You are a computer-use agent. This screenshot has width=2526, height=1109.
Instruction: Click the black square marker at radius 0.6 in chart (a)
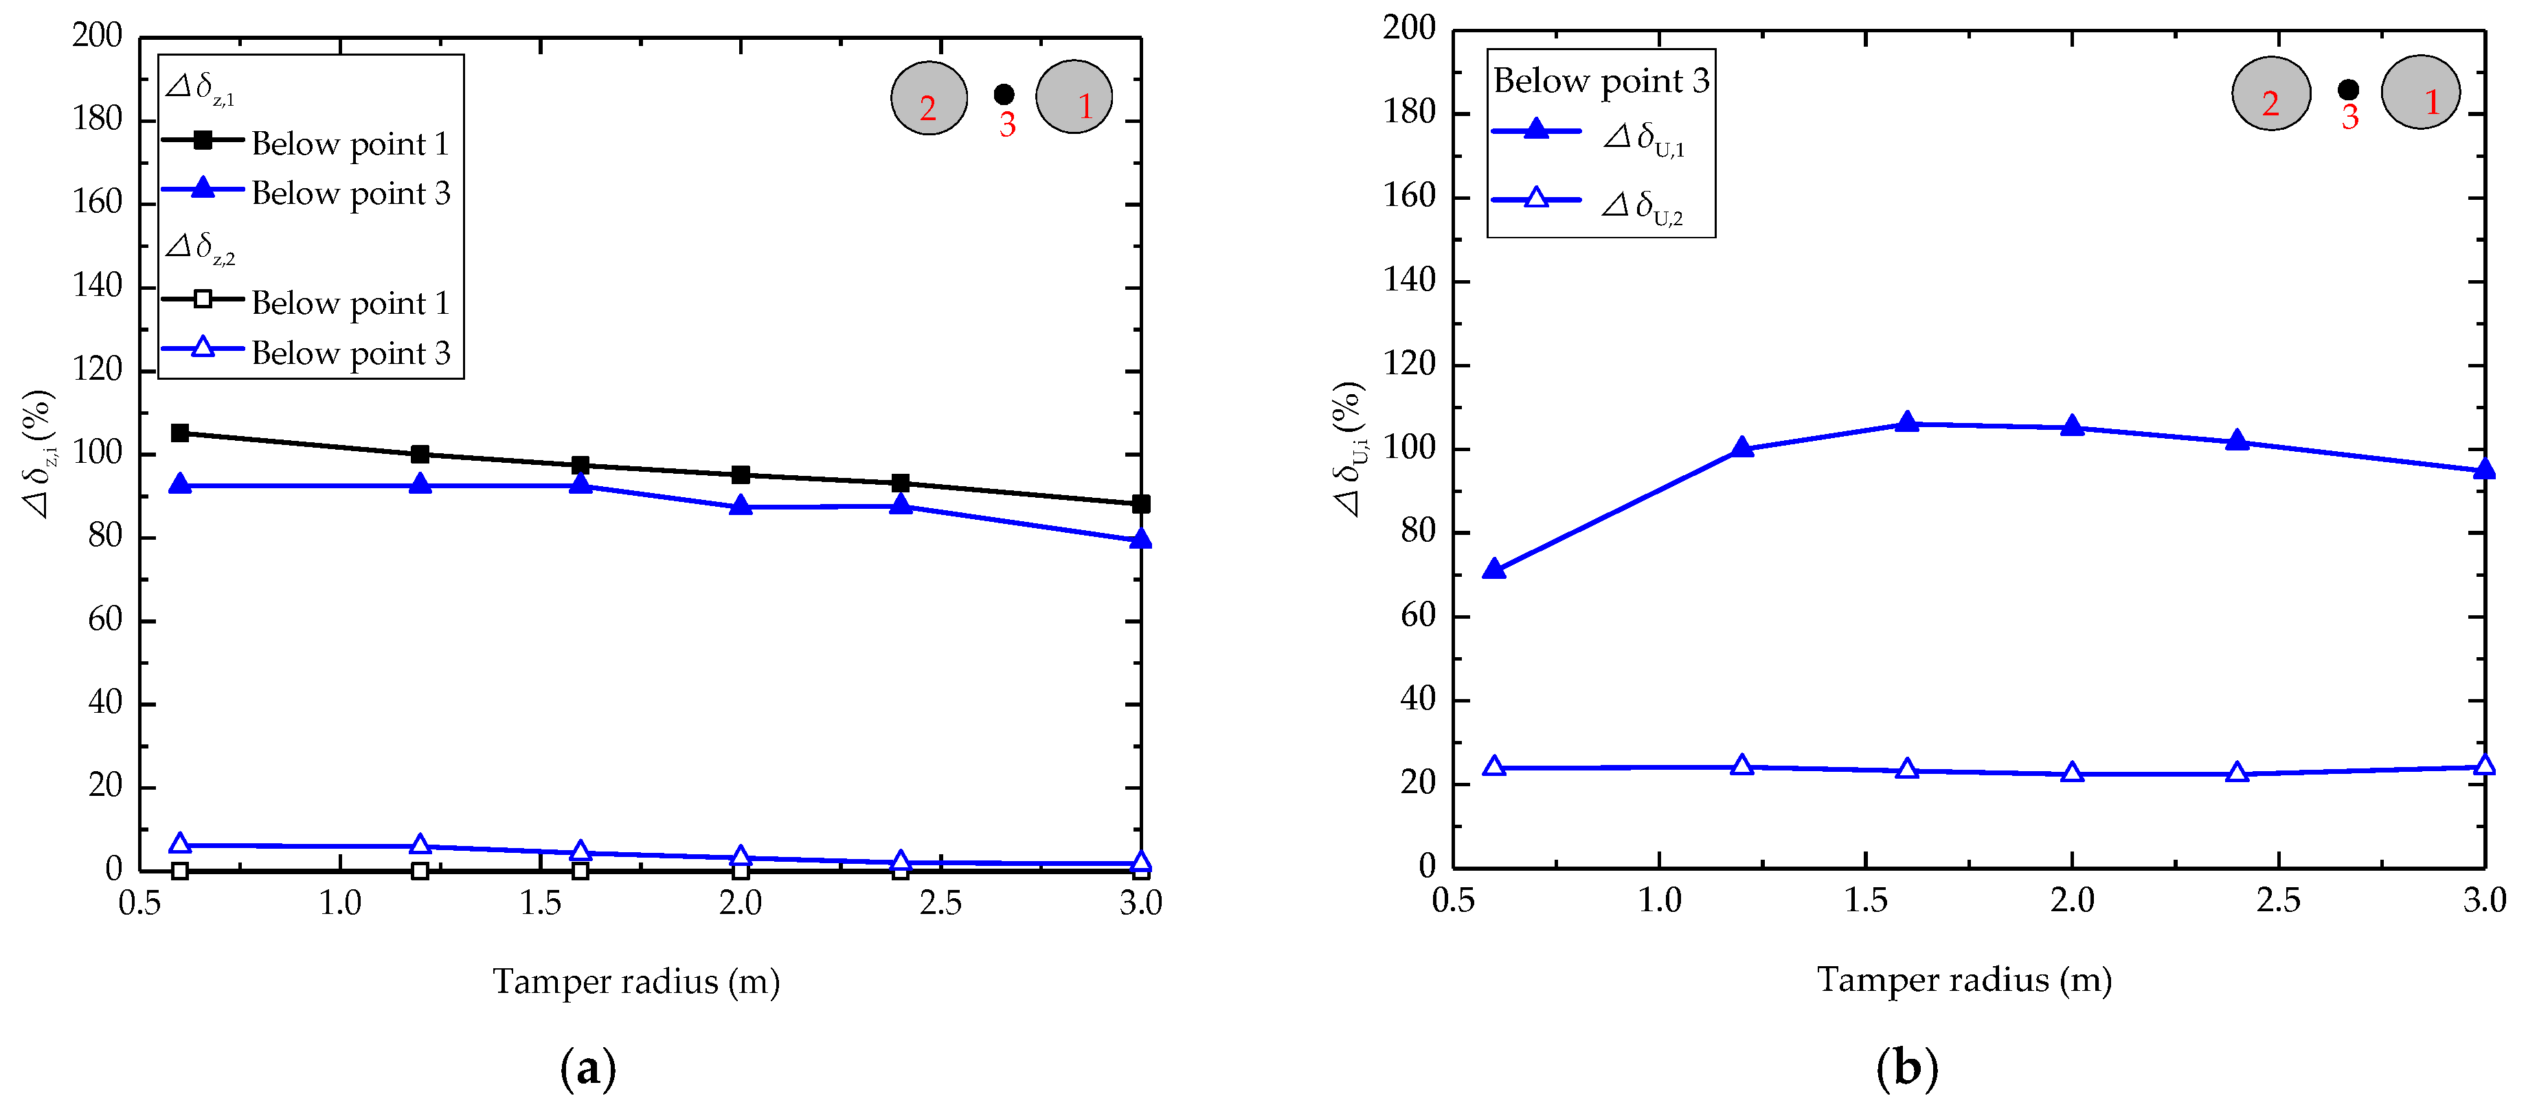pyautogui.click(x=179, y=433)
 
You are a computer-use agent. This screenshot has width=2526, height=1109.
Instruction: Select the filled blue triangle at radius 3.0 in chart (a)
pyautogui.click(x=1140, y=539)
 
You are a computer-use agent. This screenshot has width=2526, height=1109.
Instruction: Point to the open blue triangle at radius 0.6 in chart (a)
pyautogui.click(x=179, y=843)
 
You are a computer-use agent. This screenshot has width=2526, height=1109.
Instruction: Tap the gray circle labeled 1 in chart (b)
pyautogui.click(x=2420, y=92)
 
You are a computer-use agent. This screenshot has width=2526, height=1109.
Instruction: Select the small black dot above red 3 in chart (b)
pyautogui.click(x=2347, y=90)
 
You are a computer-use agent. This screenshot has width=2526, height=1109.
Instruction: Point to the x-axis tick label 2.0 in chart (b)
pyautogui.click(x=2071, y=900)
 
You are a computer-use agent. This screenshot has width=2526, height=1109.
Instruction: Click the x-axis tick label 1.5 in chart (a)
pyautogui.click(x=541, y=903)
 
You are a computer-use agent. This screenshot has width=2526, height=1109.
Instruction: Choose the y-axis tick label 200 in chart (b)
pyautogui.click(x=1409, y=28)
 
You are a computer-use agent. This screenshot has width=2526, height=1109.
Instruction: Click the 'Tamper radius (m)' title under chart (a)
pyautogui.click(x=635, y=981)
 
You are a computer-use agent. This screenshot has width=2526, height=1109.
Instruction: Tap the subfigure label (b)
pyautogui.click(x=1906, y=1067)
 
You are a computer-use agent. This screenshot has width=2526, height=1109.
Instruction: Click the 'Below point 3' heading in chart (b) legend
pyautogui.click(x=1601, y=80)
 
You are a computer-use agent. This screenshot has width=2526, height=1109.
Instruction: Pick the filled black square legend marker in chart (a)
pyautogui.click(x=203, y=140)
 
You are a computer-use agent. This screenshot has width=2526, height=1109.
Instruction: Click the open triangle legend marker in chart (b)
pyautogui.click(x=1537, y=199)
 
